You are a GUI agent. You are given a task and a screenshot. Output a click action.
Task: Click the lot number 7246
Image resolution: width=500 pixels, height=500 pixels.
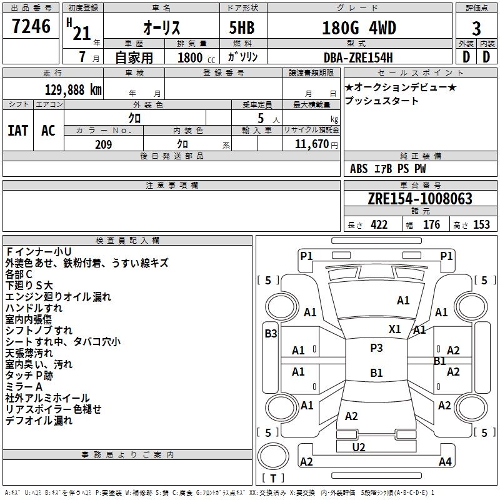pos(31,27)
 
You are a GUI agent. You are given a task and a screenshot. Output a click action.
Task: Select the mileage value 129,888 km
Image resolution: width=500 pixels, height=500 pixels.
pos(73,89)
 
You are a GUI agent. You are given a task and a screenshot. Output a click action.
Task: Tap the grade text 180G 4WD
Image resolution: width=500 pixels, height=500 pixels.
pos(359,28)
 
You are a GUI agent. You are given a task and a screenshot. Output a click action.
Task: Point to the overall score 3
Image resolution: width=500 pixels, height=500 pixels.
pos(476,28)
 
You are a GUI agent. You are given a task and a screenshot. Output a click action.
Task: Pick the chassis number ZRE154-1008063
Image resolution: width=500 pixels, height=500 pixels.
pos(420,199)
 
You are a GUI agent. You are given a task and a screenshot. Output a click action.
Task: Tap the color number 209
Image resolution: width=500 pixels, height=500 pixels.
pos(103,144)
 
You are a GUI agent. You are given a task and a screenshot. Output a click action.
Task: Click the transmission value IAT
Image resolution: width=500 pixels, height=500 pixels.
pos(17,131)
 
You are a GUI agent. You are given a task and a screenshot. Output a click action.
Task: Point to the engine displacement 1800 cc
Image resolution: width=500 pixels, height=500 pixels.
pos(194,58)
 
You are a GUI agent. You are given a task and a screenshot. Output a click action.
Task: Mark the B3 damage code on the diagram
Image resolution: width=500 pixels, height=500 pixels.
pos(271,334)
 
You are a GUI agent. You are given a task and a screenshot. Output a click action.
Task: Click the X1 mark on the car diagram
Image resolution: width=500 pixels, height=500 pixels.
pos(394,329)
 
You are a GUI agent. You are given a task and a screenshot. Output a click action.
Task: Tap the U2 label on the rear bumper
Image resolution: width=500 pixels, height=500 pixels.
pos(359,447)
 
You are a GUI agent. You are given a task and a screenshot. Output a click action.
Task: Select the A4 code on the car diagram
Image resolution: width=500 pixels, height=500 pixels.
pos(445,462)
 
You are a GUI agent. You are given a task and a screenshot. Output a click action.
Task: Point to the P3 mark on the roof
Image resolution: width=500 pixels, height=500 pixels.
pos(376,348)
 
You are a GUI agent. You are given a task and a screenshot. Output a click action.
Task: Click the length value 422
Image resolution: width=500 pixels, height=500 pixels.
pos(379,225)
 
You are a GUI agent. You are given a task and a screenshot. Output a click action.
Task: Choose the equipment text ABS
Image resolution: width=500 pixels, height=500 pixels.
pos(359,169)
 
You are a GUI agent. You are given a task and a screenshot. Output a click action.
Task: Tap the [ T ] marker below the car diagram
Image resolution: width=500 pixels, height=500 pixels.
pos(272,478)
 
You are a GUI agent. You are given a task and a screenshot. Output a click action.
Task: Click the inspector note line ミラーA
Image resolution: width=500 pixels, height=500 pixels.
pos(24,387)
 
